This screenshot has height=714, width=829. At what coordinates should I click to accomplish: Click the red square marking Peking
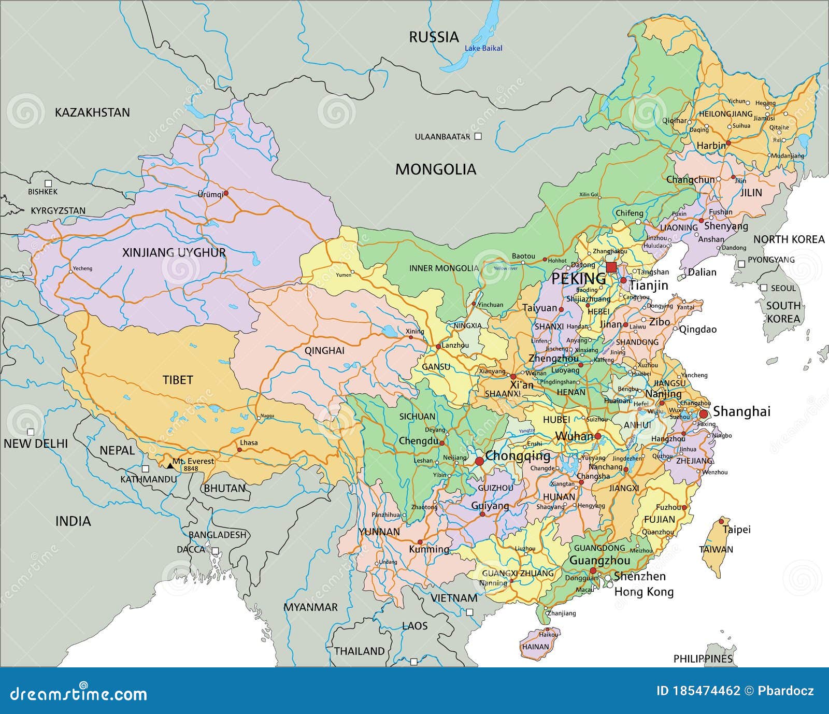611,267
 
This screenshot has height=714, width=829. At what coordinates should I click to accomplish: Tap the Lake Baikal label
483,48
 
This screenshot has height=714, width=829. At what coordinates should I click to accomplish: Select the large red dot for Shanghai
704,414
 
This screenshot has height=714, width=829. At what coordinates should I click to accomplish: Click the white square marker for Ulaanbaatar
478,136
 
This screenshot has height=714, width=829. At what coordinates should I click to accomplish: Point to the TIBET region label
178,380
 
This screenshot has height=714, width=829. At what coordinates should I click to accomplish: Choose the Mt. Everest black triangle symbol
169,466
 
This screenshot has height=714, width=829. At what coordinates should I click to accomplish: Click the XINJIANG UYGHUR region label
174,252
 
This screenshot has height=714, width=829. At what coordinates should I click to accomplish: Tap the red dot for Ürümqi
226,192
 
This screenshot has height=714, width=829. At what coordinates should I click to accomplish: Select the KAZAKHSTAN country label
92,112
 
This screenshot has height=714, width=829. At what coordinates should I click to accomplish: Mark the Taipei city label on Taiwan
736,530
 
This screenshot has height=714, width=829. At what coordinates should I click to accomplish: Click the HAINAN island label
535,647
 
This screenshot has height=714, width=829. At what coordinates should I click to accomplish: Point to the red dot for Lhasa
239,449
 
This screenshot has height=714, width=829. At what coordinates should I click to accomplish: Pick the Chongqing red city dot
479,461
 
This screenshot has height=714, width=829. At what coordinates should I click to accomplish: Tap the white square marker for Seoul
763,288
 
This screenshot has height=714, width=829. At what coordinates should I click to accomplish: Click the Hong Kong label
644,592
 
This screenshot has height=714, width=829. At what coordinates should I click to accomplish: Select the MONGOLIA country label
435,169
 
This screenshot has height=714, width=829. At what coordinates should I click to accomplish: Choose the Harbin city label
711,146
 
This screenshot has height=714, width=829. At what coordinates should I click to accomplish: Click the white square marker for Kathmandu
146,468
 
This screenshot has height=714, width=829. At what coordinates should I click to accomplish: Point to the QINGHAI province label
324,350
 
